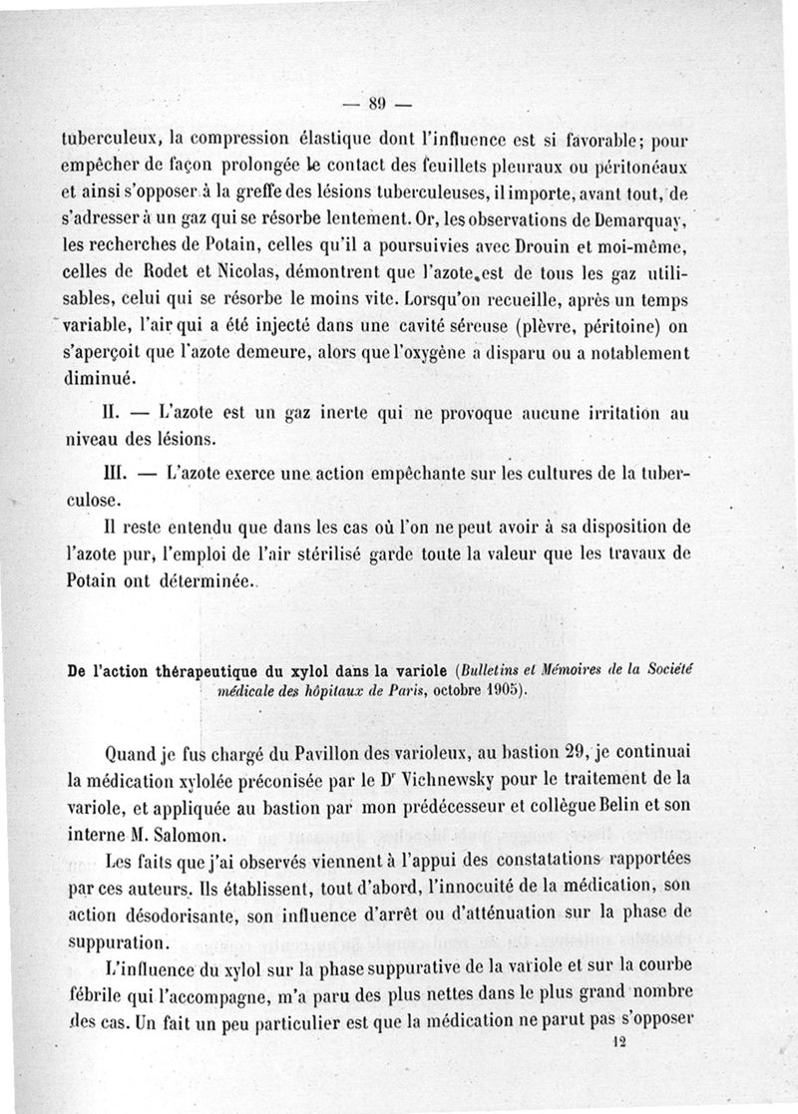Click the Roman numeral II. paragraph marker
click(113, 410)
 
